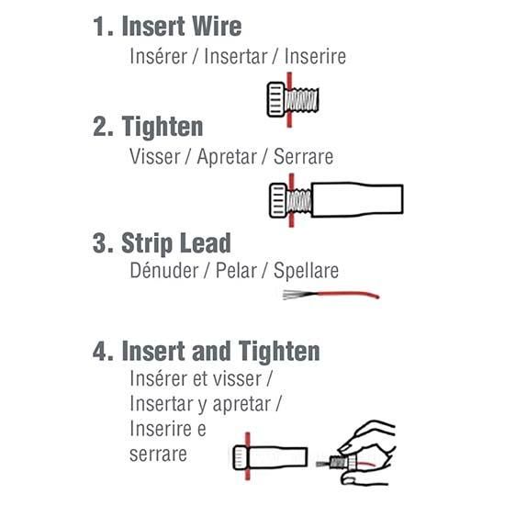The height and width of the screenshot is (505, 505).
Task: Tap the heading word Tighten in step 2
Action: [163, 127]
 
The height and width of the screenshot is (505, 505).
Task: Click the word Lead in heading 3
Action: [205, 242]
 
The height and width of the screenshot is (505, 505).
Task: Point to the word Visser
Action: [155, 156]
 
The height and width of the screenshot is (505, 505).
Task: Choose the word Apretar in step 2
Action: [227, 157]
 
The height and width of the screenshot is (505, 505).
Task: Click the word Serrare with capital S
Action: [303, 156]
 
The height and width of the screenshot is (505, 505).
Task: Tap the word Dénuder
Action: [164, 270]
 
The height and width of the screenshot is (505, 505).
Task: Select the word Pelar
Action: [236, 270]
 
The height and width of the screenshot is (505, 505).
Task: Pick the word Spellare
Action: [306, 271]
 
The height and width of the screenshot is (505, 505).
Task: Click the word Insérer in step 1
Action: [159, 56]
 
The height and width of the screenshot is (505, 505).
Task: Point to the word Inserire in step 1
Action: [315, 56]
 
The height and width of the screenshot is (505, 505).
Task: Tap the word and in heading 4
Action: [211, 351]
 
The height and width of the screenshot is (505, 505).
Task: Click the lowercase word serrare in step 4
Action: [158, 454]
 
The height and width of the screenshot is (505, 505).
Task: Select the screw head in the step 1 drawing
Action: [276, 100]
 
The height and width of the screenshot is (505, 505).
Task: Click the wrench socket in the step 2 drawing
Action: [357, 199]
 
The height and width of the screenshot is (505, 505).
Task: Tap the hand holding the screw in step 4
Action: [367, 453]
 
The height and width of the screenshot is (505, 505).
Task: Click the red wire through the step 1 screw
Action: [289, 100]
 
